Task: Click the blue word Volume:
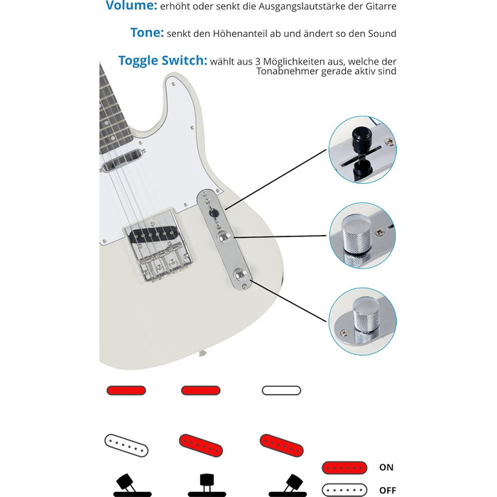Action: click(131, 6)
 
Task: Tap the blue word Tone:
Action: click(147, 33)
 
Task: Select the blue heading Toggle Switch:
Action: click(163, 60)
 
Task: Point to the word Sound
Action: click(382, 33)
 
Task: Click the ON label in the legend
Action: click(386, 467)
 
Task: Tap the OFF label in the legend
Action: click(388, 490)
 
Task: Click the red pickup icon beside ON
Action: click(344, 467)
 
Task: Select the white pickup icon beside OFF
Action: click(344, 490)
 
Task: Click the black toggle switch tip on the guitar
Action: click(213, 213)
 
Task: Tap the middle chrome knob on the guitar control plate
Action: click(224, 236)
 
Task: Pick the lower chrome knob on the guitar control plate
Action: click(241, 274)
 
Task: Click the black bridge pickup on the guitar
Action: click(154, 234)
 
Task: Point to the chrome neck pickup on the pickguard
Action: click(122, 160)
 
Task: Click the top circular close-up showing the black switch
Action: click(362, 149)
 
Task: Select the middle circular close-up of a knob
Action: click(362, 236)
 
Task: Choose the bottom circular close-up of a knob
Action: click(362, 322)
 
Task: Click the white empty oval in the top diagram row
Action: click(281, 390)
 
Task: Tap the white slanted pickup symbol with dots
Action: click(126, 445)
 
